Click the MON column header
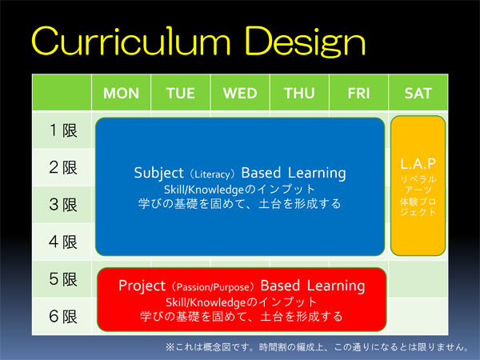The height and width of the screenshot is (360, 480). pos(122,93)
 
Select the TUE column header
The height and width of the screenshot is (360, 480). pos(181,93)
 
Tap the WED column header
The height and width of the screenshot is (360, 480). pos(240,93)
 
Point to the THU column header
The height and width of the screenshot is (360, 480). pos(299,93)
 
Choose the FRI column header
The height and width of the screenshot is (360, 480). pos(358,93)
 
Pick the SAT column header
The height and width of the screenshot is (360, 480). pos(418,93)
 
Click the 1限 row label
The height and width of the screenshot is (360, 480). pos(63,130)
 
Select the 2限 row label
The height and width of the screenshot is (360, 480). pos(63,167)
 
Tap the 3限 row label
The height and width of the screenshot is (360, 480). pos(63,205)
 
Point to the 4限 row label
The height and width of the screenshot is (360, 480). pos(63,242)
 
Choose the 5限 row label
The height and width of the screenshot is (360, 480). pos(63,279)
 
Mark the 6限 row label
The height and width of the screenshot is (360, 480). pos(63,316)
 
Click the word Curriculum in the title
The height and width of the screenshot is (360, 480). pos(131,41)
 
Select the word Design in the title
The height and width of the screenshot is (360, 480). pos(305,42)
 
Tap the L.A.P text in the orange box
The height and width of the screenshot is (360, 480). pos(418,164)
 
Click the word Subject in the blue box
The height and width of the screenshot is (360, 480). pos(159,173)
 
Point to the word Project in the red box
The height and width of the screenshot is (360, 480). pos(142,286)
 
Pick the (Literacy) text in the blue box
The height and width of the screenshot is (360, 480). pos(213,174)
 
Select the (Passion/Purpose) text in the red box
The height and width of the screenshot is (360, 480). pos(213,287)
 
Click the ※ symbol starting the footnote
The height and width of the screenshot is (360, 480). pos(170,347)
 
